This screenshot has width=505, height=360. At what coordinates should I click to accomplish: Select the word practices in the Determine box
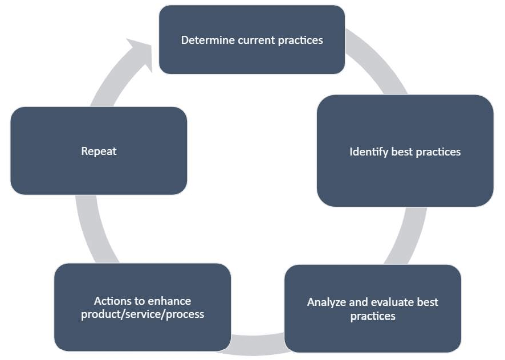300,40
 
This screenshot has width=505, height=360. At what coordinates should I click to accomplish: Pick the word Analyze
327,302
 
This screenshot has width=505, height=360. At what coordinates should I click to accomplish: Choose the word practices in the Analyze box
373,316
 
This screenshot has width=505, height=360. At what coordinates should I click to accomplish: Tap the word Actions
112,301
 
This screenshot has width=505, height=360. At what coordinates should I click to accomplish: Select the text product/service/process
142,314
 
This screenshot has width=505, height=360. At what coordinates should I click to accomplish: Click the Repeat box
99,151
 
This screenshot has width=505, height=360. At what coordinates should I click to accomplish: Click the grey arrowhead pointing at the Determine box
140,52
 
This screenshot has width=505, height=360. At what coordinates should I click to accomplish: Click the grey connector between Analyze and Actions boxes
258,345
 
